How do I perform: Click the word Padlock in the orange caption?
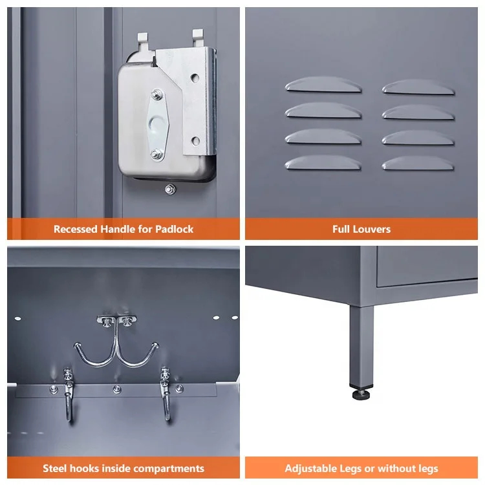(x=174, y=229)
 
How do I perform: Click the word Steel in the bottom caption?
(x=53, y=468)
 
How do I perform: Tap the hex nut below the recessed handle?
(x=170, y=189)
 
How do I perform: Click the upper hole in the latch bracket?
(x=195, y=78)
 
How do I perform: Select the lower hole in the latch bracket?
(x=195, y=141)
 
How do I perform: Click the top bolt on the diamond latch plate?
(x=157, y=94)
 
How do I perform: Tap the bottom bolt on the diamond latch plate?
(x=156, y=154)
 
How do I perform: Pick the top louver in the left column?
(x=323, y=85)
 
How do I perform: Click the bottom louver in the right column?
(x=418, y=164)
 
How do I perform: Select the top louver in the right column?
(x=418, y=87)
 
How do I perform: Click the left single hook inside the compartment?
(x=69, y=394)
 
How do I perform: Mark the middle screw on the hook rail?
(x=116, y=389)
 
